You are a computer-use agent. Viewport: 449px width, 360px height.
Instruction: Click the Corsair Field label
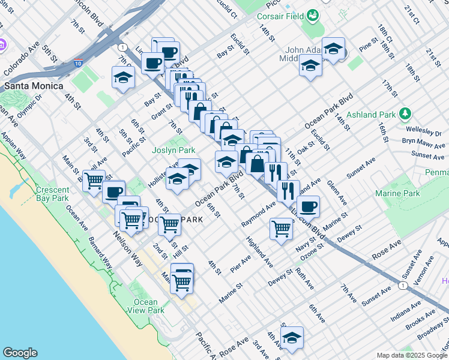click(281, 16)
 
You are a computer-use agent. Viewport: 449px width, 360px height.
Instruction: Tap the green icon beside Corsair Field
click(313, 16)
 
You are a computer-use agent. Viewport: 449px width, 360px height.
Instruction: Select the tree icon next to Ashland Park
click(406, 113)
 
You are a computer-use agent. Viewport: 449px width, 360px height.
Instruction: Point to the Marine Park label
click(397, 193)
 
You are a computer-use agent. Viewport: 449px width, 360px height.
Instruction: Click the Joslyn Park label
click(173, 150)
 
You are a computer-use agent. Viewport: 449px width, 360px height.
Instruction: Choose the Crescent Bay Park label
click(52, 194)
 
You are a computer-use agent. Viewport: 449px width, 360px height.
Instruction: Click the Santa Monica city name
click(34, 86)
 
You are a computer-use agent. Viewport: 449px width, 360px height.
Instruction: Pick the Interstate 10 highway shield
click(79, 62)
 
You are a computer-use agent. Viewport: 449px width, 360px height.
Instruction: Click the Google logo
click(20, 353)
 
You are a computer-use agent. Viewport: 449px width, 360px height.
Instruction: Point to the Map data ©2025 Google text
click(412, 355)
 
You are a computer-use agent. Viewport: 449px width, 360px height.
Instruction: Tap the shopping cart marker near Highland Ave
click(281, 229)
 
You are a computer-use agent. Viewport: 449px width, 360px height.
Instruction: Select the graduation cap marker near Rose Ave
click(292, 338)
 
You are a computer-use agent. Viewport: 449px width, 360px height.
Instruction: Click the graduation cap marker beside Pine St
click(333, 50)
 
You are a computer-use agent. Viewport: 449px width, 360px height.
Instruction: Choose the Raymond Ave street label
click(259, 214)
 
